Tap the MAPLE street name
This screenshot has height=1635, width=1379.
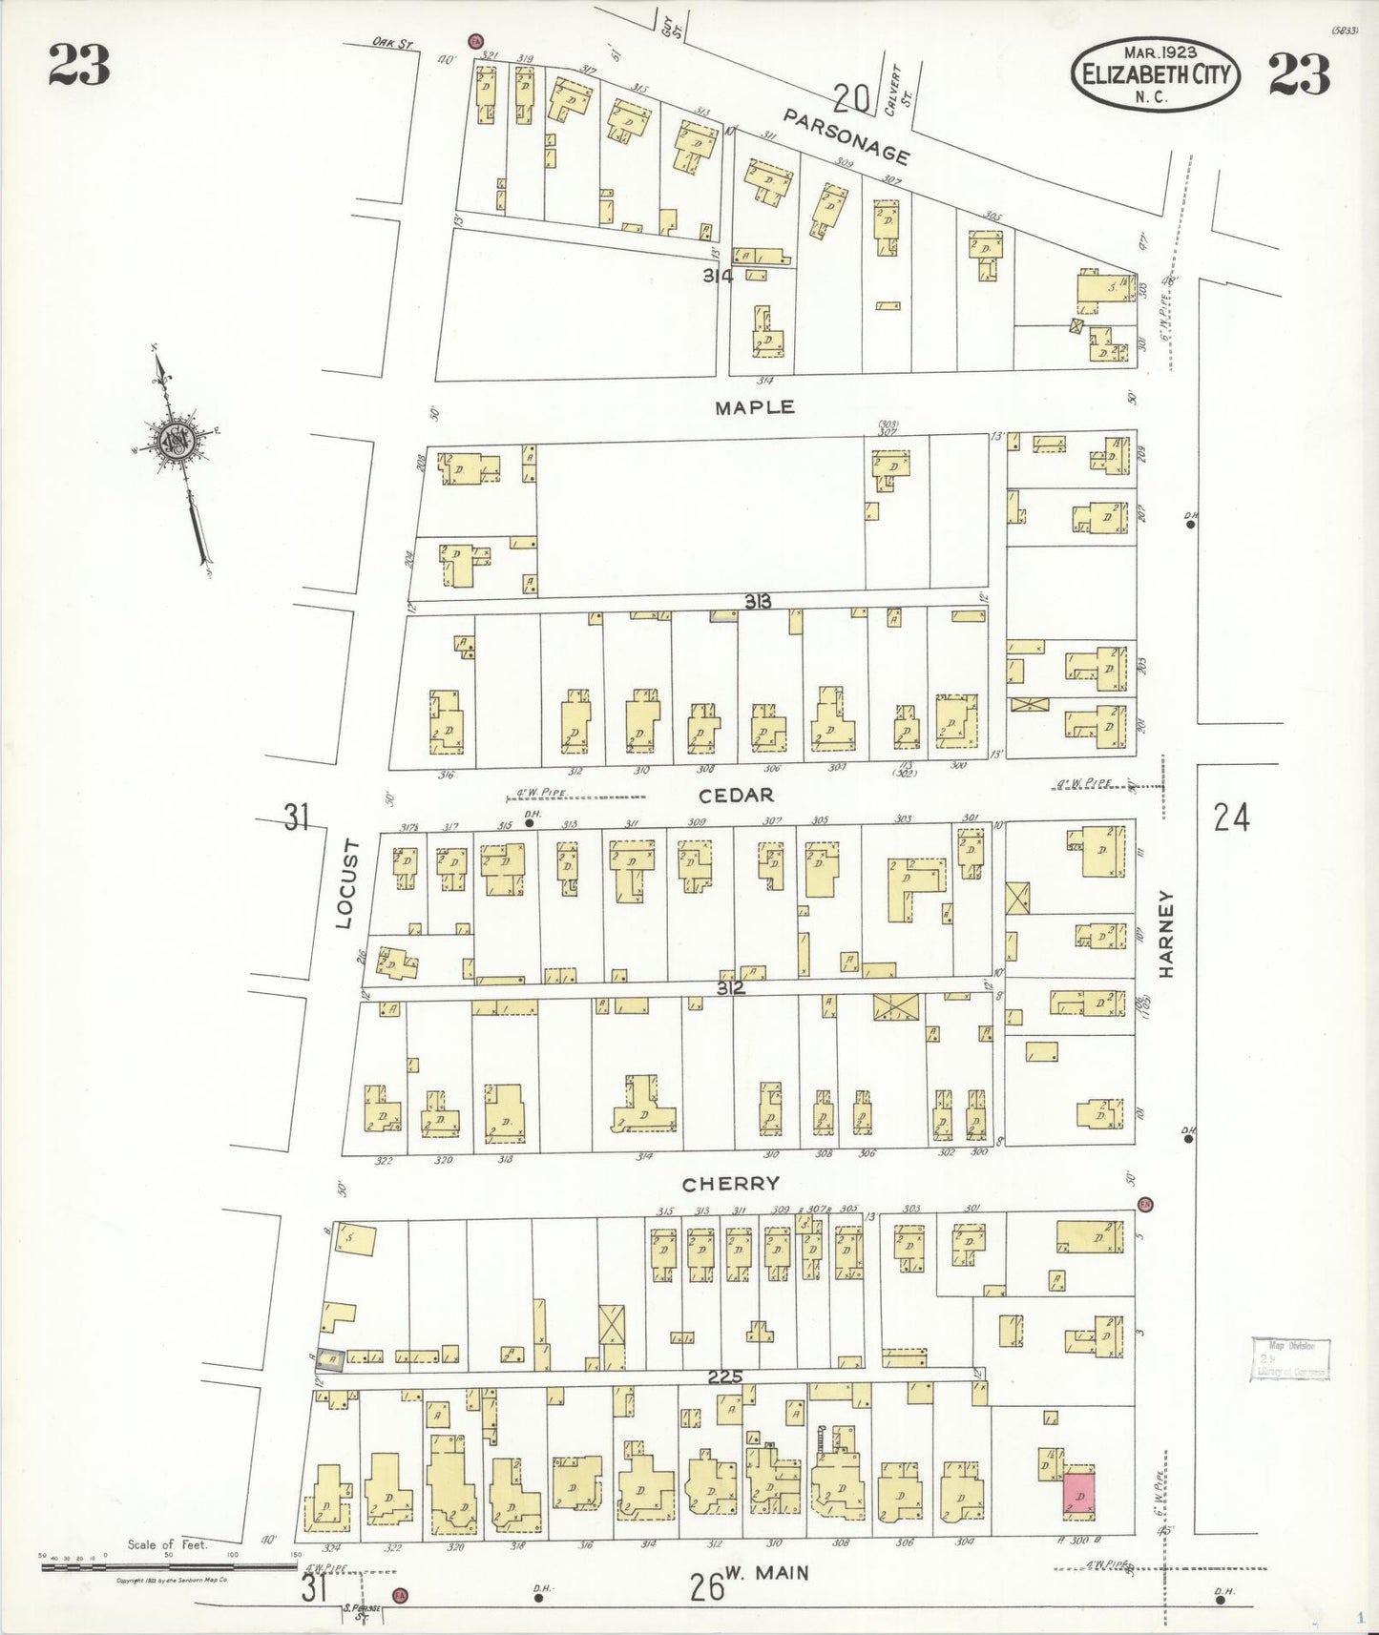755,407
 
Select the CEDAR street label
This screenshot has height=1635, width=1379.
736,795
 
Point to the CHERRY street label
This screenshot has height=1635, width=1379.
731,1184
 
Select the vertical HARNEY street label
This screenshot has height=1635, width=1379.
1166,934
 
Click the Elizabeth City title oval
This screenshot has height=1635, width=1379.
1156,72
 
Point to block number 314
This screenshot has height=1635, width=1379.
718,277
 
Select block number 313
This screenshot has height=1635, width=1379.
759,601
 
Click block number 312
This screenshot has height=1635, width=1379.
731,988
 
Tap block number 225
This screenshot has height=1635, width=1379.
726,1376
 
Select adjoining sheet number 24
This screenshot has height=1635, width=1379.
1231,817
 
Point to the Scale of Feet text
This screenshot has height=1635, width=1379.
167,1544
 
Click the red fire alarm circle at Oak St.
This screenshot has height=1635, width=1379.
474,41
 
